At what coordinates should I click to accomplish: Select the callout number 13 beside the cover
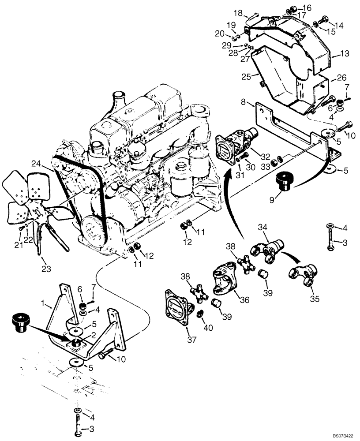click(344, 54)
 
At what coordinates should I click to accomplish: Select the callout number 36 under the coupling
click(244, 299)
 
